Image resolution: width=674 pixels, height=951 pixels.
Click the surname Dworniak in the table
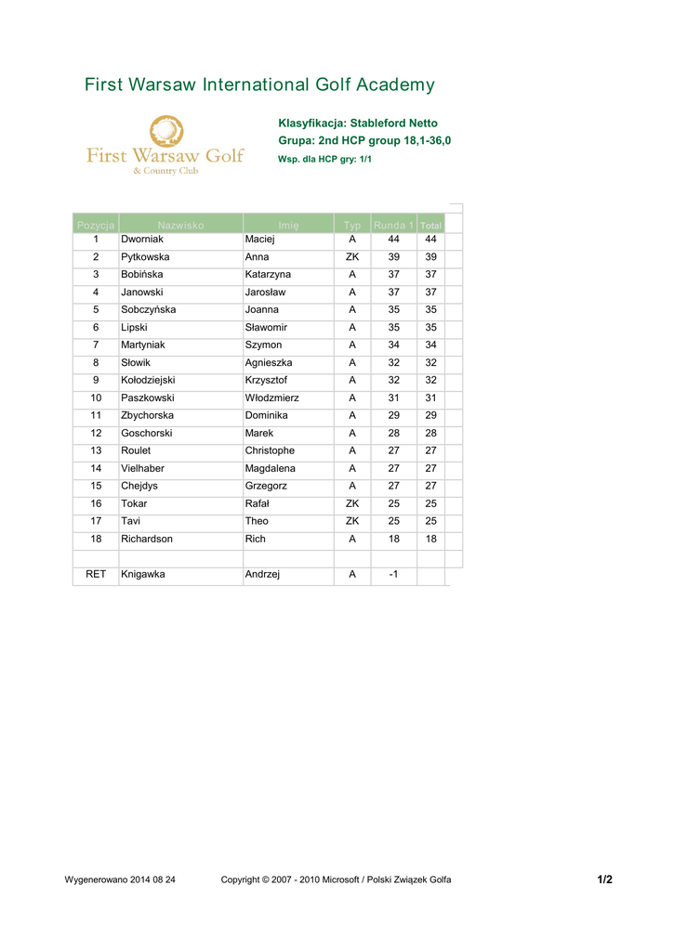pos(142,240)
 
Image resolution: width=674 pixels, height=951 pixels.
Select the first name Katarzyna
pos(268,275)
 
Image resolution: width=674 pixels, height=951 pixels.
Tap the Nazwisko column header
pos(180,226)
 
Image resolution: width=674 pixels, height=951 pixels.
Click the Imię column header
pos(288,226)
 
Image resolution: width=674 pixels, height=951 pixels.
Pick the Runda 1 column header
pos(393,226)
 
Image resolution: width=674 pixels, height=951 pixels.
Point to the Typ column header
pos(352,226)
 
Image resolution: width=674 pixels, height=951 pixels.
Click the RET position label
pos(96,575)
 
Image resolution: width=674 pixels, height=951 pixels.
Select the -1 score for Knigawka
pos(393,575)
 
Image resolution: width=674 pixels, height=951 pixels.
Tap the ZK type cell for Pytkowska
pos(352,257)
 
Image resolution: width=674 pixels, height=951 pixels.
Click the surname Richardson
pos(147,540)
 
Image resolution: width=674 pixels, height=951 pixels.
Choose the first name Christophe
pos(270,451)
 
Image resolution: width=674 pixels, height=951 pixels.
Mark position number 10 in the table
pos(96,398)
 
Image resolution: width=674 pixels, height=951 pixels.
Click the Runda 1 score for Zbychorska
pos(393,416)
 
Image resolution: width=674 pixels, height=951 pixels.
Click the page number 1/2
pos(604,879)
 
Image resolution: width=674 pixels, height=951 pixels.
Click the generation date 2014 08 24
pos(152,879)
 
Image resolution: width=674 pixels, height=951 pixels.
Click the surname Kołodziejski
pos(148,381)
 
